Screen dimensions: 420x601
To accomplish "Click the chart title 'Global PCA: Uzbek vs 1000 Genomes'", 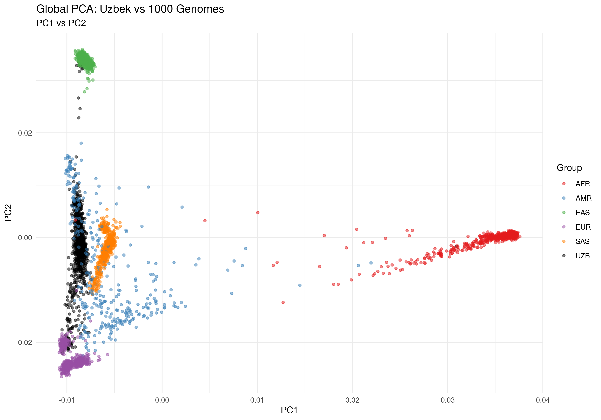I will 130,9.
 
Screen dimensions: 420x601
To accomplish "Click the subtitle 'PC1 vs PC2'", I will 61,23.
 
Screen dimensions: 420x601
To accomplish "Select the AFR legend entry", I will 582,184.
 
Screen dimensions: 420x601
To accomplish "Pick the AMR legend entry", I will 583,198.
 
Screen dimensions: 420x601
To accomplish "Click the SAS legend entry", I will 582,241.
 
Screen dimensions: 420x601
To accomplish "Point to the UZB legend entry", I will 582,256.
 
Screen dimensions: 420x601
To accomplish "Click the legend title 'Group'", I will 569,168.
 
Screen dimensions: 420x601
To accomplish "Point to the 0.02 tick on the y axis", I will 25,133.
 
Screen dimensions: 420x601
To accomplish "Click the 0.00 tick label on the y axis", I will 25,238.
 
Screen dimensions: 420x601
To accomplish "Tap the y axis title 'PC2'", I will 8,213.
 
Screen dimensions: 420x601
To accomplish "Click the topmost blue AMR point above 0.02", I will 81,143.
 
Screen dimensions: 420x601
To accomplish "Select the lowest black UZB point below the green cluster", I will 79,118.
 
